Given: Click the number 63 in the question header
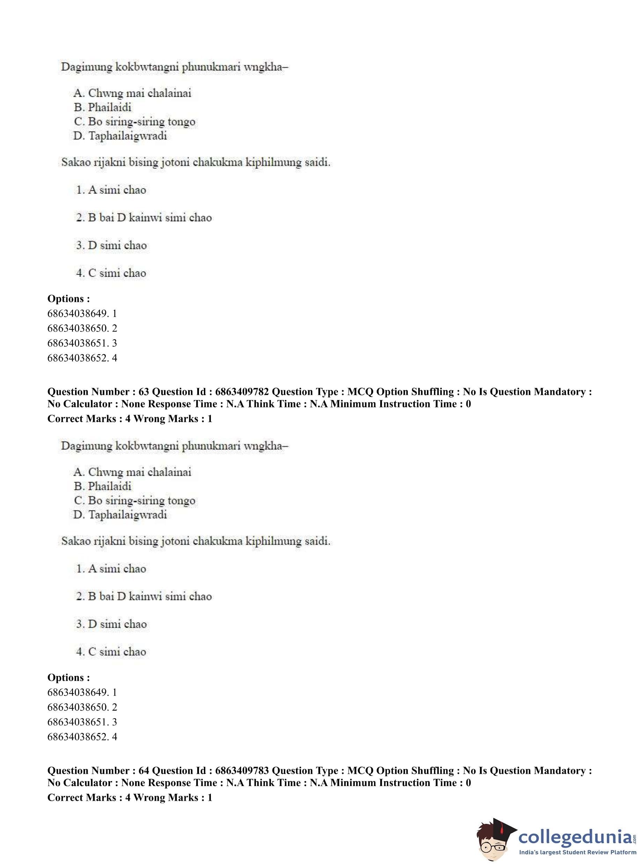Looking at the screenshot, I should pos(143,392).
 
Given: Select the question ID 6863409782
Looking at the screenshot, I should pos(242,392).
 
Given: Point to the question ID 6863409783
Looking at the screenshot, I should pos(242,771).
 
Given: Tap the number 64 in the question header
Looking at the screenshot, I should pos(143,771).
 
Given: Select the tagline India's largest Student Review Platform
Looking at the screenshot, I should pos(577,852).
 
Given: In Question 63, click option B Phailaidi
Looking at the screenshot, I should pos(103,486).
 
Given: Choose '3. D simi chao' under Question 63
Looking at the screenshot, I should pos(112,624).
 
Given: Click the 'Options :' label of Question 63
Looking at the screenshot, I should pos(69,677).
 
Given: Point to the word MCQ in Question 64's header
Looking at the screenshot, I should pos(360,771).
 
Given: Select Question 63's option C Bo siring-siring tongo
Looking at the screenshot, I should pos(135,500).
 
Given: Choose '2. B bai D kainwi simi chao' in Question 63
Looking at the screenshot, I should pos(144,596).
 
